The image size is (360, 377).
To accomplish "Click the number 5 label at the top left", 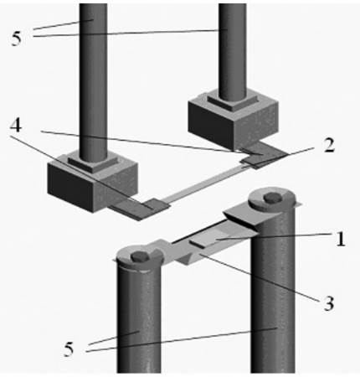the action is click(x=16, y=39).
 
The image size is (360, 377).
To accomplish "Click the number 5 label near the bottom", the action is click(x=69, y=349).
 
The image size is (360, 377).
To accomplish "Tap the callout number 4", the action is click(x=16, y=126).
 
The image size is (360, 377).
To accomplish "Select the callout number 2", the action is click(x=329, y=145).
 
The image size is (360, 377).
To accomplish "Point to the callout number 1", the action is click(x=341, y=240).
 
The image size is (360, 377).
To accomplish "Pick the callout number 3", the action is click(x=328, y=303).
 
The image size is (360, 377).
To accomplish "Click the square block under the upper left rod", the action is click(x=93, y=183).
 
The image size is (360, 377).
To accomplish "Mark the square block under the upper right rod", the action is click(x=234, y=121).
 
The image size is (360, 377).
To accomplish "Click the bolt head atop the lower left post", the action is click(x=139, y=256).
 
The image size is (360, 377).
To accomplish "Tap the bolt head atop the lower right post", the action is click(x=272, y=198).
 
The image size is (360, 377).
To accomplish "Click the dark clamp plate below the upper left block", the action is click(x=139, y=209).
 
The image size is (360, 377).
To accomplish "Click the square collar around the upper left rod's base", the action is click(x=94, y=162).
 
